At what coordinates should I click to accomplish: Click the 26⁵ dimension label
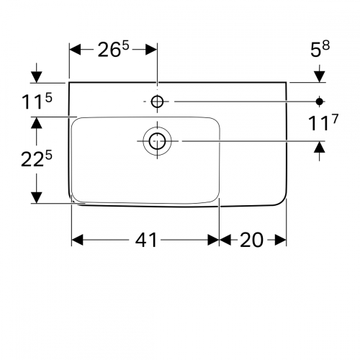(113, 49)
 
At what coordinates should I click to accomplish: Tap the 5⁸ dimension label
(320, 49)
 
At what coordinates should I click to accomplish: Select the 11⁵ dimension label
(37, 101)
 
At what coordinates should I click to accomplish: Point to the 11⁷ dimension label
(323, 122)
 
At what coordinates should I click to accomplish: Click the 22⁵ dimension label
(37, 159)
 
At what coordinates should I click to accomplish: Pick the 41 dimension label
(146, 240)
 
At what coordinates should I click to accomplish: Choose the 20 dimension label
(251, 240)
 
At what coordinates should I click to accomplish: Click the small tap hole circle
(157, 102)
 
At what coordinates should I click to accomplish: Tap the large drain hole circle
(157, 141)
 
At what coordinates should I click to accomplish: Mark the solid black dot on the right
(319, 102)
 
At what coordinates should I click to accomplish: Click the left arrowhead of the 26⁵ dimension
(75, 50)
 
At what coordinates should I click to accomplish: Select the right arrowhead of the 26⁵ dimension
(151, 50)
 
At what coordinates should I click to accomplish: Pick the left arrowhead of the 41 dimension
(77, 240)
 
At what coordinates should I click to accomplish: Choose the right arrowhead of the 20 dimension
(280, 240)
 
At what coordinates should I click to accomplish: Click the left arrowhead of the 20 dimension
(225, 240)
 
